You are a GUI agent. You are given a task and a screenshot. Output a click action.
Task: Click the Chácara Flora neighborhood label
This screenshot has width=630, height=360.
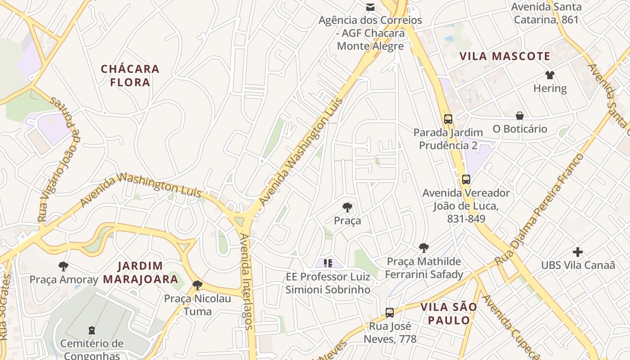[130, 76]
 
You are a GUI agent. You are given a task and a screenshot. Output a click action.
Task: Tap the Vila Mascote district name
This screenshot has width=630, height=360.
[504, 56]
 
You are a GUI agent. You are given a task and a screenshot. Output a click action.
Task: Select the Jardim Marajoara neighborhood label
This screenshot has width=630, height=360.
[140, 272]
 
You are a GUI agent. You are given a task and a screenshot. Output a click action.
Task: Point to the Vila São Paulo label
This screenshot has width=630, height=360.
[448, 314]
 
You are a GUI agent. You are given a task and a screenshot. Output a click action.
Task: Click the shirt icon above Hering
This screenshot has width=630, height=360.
[549, 75]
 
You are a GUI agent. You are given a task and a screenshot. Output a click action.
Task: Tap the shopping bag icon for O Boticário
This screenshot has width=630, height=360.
[519, 116]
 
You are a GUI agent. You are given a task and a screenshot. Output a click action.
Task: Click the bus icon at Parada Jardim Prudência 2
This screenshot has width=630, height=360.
[448, 119]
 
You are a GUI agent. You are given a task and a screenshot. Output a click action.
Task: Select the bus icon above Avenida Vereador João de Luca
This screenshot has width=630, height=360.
[466, 180]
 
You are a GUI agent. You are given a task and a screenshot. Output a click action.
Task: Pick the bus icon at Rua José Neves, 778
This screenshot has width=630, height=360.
[390, 312]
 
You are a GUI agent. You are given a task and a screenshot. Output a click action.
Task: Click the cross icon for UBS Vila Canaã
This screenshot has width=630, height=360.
[578, 252]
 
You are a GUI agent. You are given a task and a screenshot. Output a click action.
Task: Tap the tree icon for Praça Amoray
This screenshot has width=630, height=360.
[63, 266]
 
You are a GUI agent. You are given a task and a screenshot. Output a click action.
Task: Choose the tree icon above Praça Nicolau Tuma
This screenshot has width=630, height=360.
[197, 285]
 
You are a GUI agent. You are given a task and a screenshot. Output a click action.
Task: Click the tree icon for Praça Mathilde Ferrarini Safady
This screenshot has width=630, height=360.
[423, 247]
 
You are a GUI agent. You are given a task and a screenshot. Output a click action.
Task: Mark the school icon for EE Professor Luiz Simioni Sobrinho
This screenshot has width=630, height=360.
[328, 263]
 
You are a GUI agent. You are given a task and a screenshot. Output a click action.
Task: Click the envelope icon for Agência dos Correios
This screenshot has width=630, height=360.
[370, 7]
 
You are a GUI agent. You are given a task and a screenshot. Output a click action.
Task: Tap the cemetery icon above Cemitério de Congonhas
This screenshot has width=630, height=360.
[92, 330]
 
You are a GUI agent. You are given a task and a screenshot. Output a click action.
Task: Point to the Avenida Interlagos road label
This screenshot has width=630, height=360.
[246, 281]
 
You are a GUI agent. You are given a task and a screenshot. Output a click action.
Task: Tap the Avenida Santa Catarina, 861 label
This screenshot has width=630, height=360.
[546, 13]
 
